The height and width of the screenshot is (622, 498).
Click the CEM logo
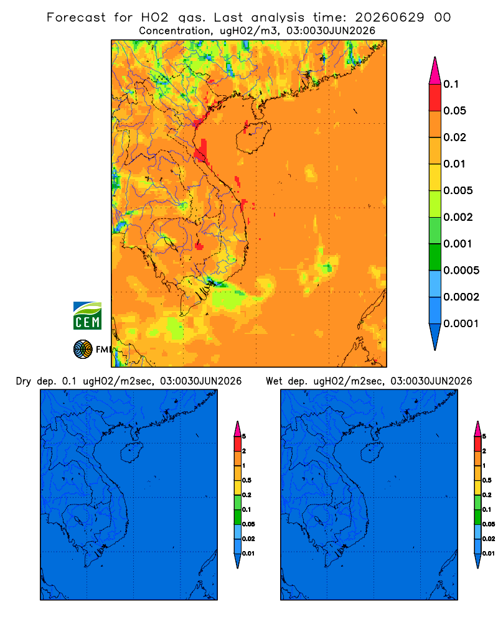87,316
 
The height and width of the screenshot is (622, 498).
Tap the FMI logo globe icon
83,349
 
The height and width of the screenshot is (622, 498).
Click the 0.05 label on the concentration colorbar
454,111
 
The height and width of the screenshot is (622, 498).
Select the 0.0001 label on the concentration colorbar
461,323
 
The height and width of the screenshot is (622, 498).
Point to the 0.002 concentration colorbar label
458,217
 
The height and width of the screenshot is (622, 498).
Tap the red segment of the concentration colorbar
435,97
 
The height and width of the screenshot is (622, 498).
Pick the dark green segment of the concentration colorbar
435,257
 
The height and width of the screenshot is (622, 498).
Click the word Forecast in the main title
76,17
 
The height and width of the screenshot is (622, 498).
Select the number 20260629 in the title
389,17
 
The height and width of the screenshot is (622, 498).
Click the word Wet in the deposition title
274,381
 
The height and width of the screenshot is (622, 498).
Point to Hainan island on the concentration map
253,137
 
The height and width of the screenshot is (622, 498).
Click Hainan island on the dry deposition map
131,453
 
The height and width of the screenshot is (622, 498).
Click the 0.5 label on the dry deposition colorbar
247,480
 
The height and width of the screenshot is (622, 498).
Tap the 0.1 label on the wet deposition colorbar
487,510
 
